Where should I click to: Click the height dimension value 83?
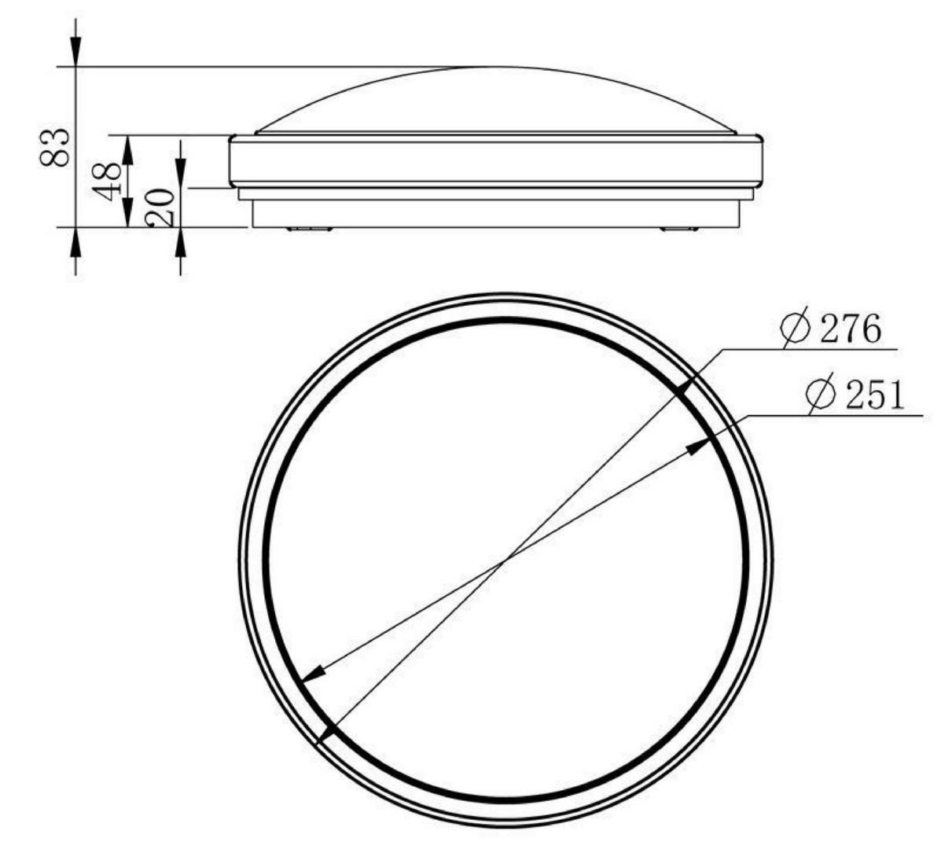click(x=54, y=148)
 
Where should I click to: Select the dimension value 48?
click(x=107, y=182)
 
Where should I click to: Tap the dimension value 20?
click(x=160, y=207)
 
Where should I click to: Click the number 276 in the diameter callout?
click(x=851, y=329)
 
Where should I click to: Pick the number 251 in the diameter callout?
click(x=874, y=395)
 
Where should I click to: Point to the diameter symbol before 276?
click(x=796, y=328)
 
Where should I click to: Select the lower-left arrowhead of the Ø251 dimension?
click(x=313, y=674)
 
